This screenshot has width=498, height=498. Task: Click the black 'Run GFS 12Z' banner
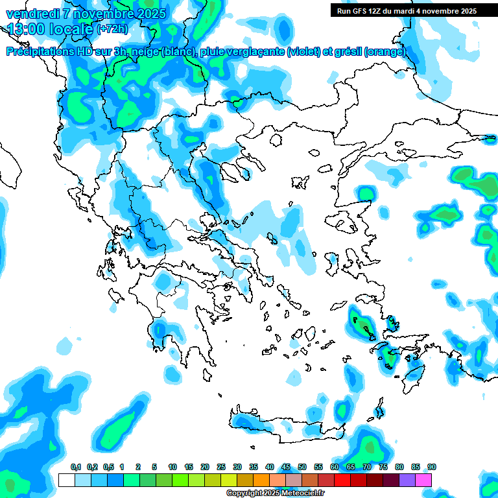pyautogui.click(x=405, y=10)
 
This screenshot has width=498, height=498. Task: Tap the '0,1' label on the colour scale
pyautogui.click(x=76, y=468)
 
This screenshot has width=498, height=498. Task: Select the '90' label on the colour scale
pyautogui.click(x=432, y=468)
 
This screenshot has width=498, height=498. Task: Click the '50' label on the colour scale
pyautogui.click(x=302, y=468)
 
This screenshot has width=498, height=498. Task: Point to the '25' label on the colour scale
pyautogui.click(x=221, y=468)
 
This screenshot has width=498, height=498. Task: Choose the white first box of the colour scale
pyautogui.click(x=66, y=480)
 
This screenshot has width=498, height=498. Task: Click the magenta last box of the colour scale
pyautogui.click(x=423, y=480)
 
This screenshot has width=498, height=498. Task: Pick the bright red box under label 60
pyautogui.click(x=342, y=480)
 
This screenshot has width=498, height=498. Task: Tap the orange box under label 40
pyautogui.click(x=261, y=480)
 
